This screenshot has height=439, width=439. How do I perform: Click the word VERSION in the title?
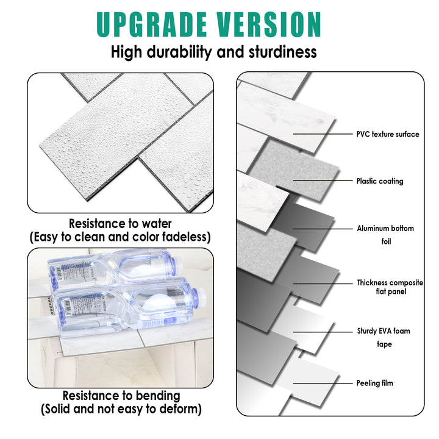point(266,24)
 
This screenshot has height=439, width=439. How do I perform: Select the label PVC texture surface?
point(388,134)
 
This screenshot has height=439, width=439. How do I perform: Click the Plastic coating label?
point(380,181)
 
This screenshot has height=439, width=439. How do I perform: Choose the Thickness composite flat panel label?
point(390,287)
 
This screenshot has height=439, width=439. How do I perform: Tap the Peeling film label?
point(375,384)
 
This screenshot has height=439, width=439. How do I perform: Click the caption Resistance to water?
point(120,224)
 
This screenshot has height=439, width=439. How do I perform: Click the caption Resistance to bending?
point(121,396)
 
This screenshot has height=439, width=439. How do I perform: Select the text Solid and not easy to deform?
point(121,409)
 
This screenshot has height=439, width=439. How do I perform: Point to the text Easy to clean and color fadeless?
point(121,237)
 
